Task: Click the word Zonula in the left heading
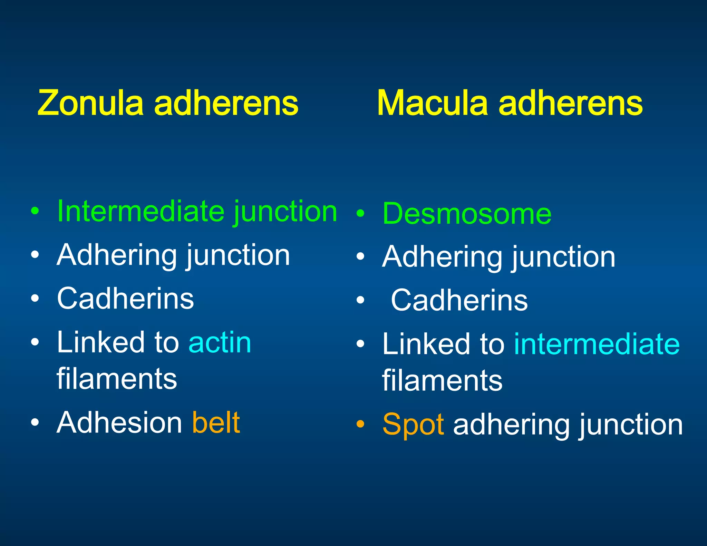(90, 103)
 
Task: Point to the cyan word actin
(220, 342)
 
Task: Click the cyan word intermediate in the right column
(597, 344)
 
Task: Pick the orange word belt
(216, 422)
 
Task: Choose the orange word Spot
(413, 425)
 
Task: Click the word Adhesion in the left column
(119, 422)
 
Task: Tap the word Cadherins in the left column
(125, 299)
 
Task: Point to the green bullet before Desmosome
(360, 213)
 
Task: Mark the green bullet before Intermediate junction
(35, 211)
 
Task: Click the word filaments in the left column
(117, 379)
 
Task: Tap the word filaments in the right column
(442, 381)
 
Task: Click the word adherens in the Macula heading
(570, 103)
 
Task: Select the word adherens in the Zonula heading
(226, 103)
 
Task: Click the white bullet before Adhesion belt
(35, 422)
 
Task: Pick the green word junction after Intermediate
(285, 211)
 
